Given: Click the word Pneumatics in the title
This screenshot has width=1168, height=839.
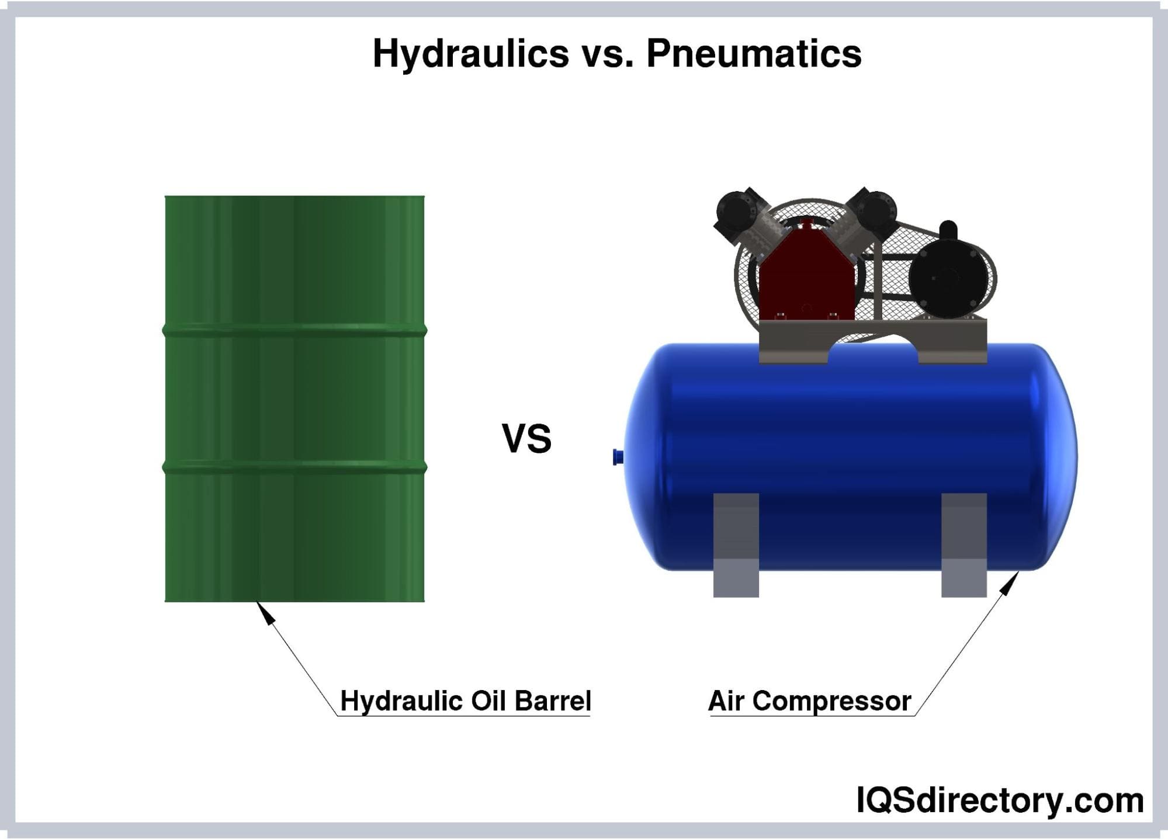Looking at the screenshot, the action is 754,54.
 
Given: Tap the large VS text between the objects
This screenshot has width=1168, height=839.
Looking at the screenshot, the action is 526,439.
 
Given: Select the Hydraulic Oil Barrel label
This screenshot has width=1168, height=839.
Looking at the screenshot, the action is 466,701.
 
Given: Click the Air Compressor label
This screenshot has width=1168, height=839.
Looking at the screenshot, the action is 810,701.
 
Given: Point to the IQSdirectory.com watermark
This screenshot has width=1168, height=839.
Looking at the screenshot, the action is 1000,800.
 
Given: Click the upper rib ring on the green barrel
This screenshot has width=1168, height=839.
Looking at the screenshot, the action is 294,331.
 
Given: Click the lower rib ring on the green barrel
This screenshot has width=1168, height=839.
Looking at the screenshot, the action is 294,467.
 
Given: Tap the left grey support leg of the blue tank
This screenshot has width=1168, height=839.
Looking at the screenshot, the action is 736,545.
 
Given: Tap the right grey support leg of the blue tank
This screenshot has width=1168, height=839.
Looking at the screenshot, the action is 964,545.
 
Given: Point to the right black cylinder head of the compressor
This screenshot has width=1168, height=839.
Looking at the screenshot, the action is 872,213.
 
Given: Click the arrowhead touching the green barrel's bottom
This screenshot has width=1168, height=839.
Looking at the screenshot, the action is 265,613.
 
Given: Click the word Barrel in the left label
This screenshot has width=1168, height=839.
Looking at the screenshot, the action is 553,701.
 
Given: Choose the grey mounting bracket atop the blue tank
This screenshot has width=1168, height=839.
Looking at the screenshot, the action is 873,342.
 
